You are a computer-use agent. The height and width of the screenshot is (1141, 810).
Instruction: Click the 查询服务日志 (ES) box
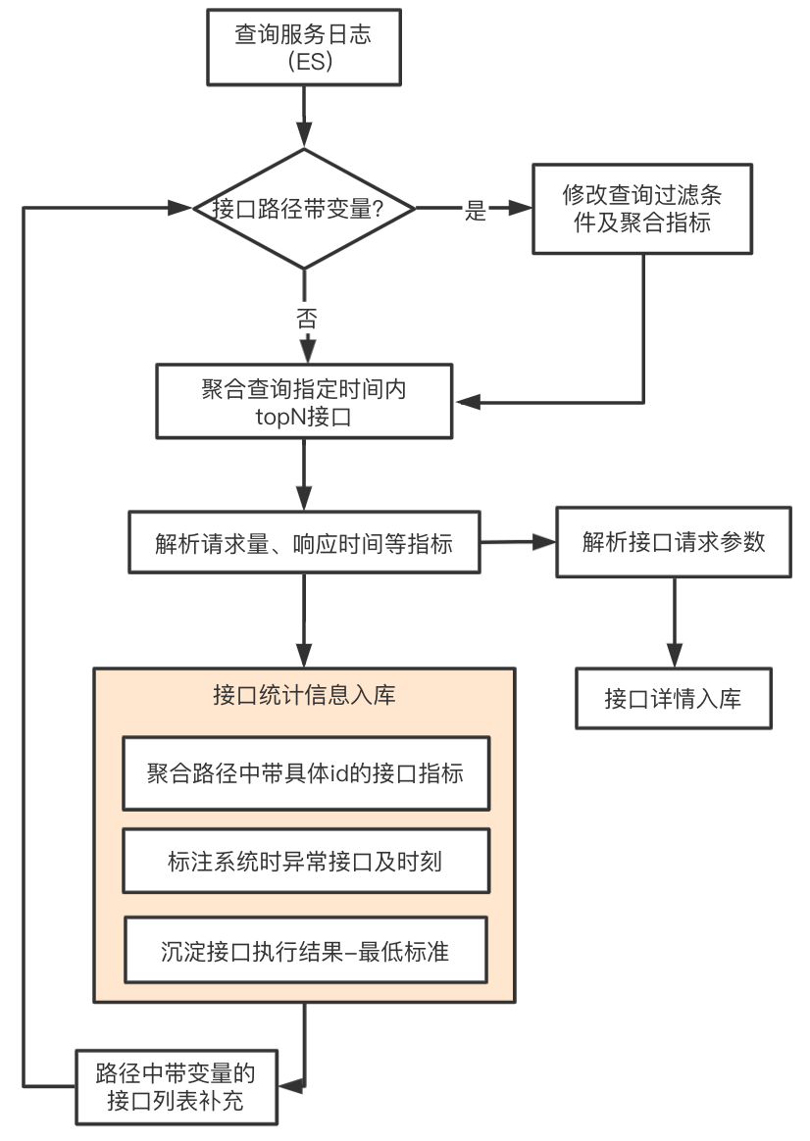click(304, 47)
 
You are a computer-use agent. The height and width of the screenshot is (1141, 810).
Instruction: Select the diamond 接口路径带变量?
click(304, 209)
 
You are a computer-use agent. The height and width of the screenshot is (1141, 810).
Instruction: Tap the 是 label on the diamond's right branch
click(476, 211)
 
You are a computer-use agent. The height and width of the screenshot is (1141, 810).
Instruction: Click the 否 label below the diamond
click(307, 318)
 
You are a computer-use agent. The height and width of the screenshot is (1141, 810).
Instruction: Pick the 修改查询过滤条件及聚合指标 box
click(642, 209)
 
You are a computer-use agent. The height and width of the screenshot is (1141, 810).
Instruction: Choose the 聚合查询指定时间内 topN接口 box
click(304, 402)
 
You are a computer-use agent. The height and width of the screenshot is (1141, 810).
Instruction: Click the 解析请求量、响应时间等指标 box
click(304, 542)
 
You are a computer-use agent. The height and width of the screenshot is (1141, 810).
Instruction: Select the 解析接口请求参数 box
click(674, 542)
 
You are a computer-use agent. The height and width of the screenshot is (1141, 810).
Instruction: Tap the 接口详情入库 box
click(674, 699)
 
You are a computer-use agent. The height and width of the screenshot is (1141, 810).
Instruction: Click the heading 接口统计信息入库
click(304, 695)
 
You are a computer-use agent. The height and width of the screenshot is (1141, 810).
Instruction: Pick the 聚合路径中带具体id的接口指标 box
click(306, 772)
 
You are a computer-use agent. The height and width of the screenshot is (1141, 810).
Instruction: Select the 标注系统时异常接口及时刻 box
click(306, 861)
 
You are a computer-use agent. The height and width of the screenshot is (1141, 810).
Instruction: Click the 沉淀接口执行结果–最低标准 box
click(306, 951)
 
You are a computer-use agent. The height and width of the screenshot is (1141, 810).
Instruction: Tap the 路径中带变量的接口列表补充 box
click(177, 1087)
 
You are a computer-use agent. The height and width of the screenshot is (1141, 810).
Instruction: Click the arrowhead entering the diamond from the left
click(179, 208)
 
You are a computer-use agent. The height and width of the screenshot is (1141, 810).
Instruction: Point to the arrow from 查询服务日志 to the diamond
click(304, 118)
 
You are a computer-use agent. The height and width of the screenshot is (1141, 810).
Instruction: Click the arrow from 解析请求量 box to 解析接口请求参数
click(518, 542)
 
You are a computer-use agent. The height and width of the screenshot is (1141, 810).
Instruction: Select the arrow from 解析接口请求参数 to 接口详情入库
click(674, 622)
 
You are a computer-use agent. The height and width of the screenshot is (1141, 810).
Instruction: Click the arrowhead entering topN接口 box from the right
click(468, 402)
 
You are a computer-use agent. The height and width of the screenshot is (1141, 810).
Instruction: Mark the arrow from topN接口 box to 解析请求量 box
click(304, 474)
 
